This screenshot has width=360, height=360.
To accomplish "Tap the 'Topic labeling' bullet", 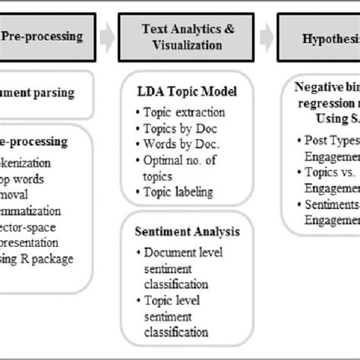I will pos(178,193).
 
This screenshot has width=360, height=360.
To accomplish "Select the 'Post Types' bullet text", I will pos(330,140).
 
